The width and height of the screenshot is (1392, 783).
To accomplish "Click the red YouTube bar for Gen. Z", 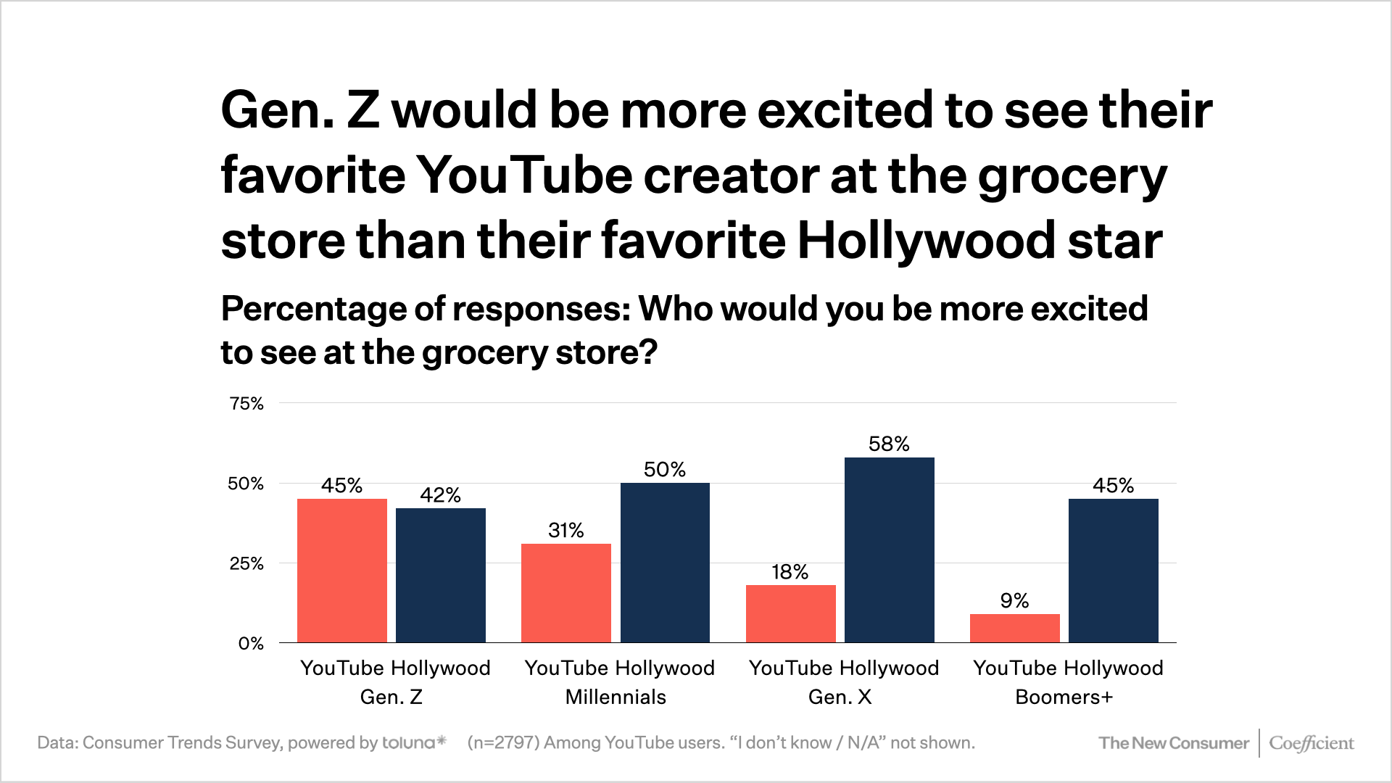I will pos(341,571).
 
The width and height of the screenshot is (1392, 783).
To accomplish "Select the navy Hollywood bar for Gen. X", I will pos(889,550).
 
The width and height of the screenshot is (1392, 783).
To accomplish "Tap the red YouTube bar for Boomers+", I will pos(1014,628).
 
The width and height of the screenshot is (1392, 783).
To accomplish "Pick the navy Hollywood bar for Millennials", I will pos(665,563).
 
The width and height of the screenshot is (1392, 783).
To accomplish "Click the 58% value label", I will pos(889,444).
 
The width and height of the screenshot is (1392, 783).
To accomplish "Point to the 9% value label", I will pos(1014,600).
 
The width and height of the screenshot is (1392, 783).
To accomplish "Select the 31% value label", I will pos(565,530).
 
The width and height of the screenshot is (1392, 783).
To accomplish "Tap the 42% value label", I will pos(440,494).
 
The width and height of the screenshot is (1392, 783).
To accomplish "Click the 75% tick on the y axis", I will pos(246,404).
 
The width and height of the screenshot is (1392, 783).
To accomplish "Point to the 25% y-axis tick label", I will pos(246,563).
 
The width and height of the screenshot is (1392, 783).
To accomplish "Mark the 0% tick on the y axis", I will pos(251,643).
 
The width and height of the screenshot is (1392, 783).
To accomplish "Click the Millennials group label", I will pos(616,697).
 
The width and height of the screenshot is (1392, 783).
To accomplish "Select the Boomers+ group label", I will pos(1064,697).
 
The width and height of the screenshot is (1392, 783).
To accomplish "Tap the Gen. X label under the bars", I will pos(840,697).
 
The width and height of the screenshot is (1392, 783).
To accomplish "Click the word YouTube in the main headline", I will pos(525,175).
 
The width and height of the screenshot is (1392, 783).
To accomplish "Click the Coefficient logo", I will pos(1311,743).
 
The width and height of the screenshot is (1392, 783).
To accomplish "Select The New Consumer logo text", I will pos(1173,743).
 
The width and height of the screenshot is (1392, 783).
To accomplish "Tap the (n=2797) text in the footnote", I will pos(503,742).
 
